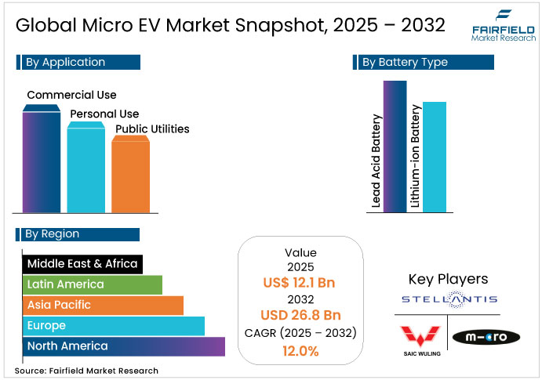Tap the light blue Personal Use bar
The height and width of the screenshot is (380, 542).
85,168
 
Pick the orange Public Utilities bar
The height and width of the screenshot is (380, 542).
130,176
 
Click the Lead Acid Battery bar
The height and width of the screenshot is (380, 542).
395,146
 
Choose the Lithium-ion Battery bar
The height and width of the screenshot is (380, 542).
434,156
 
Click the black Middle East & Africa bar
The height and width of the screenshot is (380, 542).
82,264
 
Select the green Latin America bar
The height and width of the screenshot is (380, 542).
92,284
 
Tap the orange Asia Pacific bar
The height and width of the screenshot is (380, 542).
102,305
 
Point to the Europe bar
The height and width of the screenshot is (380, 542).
113,325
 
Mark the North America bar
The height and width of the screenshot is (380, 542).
123,346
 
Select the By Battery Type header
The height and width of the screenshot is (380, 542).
424,62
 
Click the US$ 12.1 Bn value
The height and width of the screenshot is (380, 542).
300,282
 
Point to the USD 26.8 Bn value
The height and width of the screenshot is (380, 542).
300,315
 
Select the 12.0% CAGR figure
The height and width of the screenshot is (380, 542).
300,351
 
